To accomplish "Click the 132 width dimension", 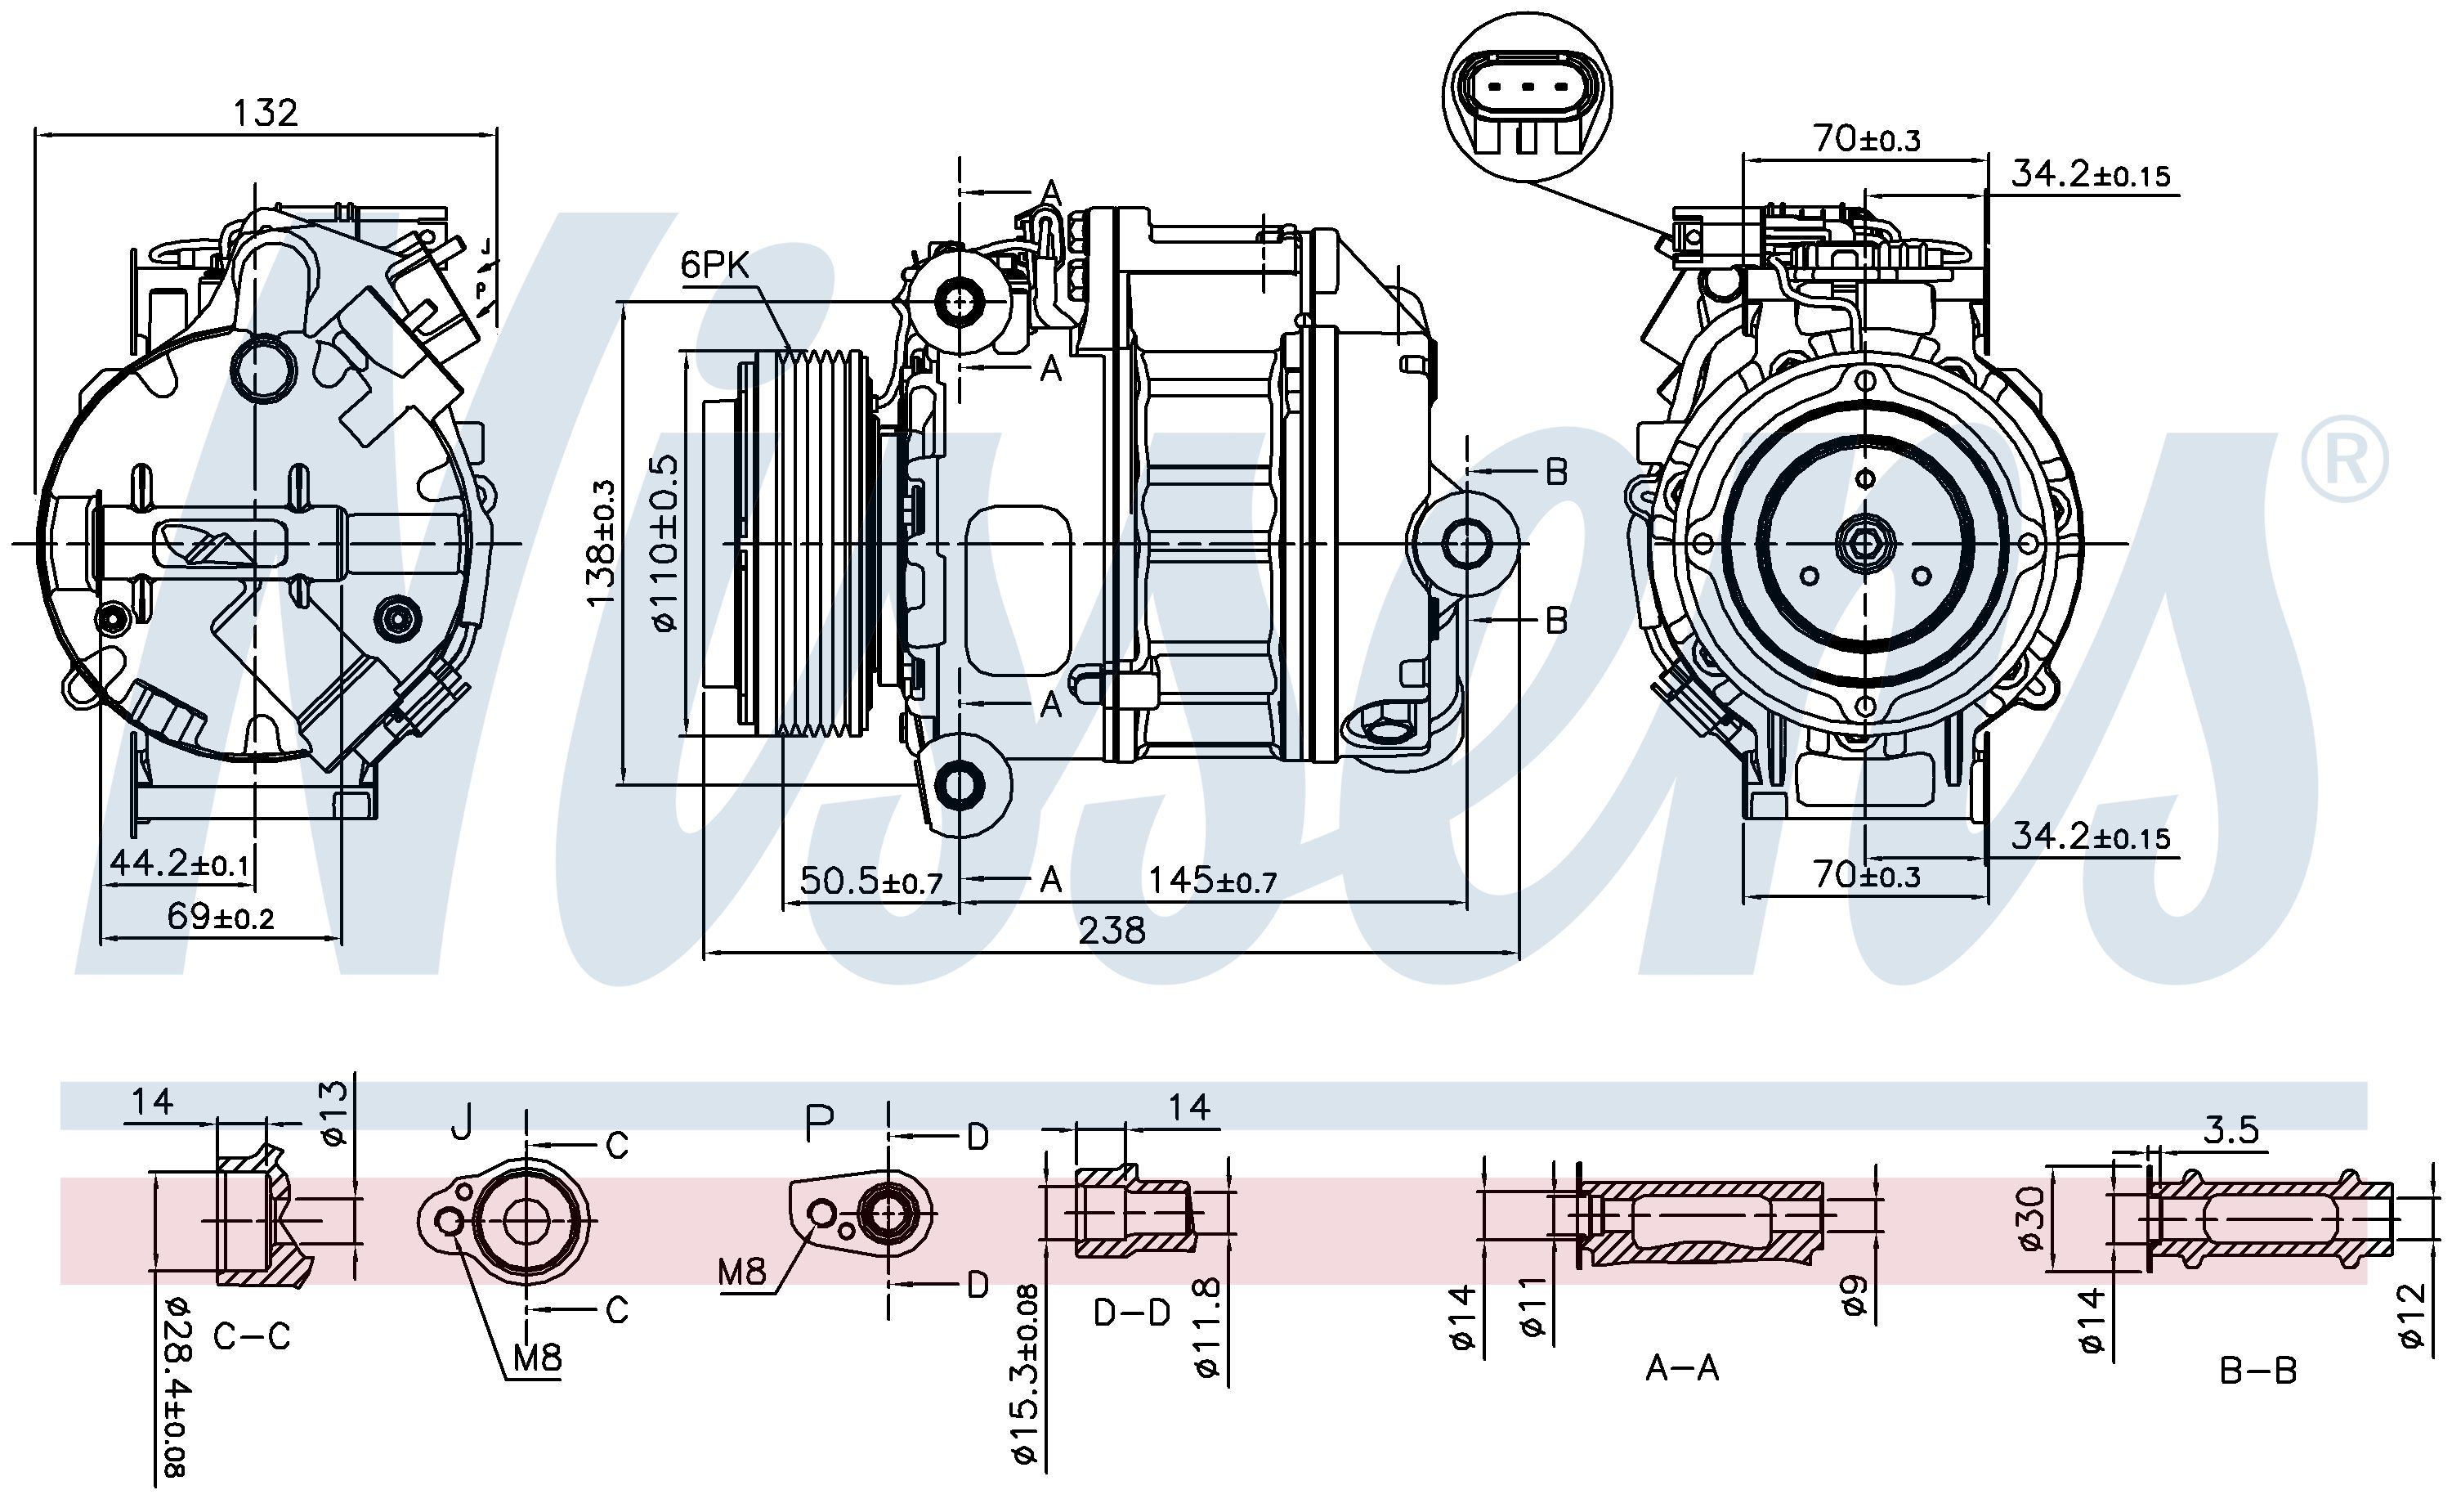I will [x=265, y=113].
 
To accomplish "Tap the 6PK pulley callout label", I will [x=714, y=265].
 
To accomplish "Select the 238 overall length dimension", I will [x=1112, y=931].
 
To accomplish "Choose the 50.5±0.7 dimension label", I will [x=870, y=881].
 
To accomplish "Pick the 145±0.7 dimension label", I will [x=1212, y=881].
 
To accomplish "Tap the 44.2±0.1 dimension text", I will [x=179, y=862].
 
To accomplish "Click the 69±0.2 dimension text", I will [x=220, y=916].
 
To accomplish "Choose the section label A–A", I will [x=1682, y=1369].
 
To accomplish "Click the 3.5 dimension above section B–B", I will [x=2230, y=1129].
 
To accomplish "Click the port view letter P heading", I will [x=819, y=1124].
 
